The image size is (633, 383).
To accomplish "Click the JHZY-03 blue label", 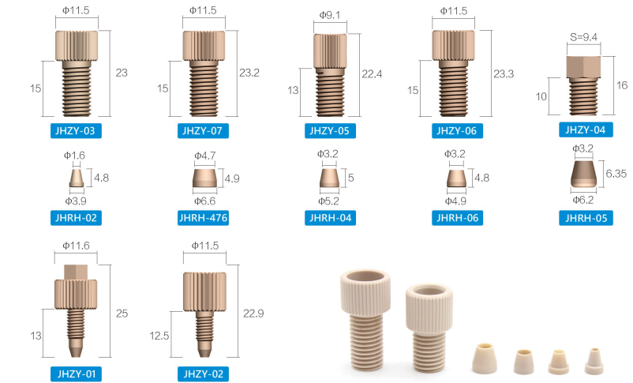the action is coord(76,131).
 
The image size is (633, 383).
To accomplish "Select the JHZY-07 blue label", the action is coord(203,131).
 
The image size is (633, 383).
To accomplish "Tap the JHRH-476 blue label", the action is coord(203,218).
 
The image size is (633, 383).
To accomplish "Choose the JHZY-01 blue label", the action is coord(76,374).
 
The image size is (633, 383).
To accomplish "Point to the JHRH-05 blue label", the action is coord(586,218).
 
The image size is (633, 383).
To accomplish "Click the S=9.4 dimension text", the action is coord(584,37).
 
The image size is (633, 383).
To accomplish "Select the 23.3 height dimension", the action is coord(504,74).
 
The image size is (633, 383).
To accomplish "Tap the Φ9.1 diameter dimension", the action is coord(330,15).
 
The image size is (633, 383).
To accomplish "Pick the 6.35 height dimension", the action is coord(616,174).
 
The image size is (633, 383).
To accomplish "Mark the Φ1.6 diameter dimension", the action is coord(74,156).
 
